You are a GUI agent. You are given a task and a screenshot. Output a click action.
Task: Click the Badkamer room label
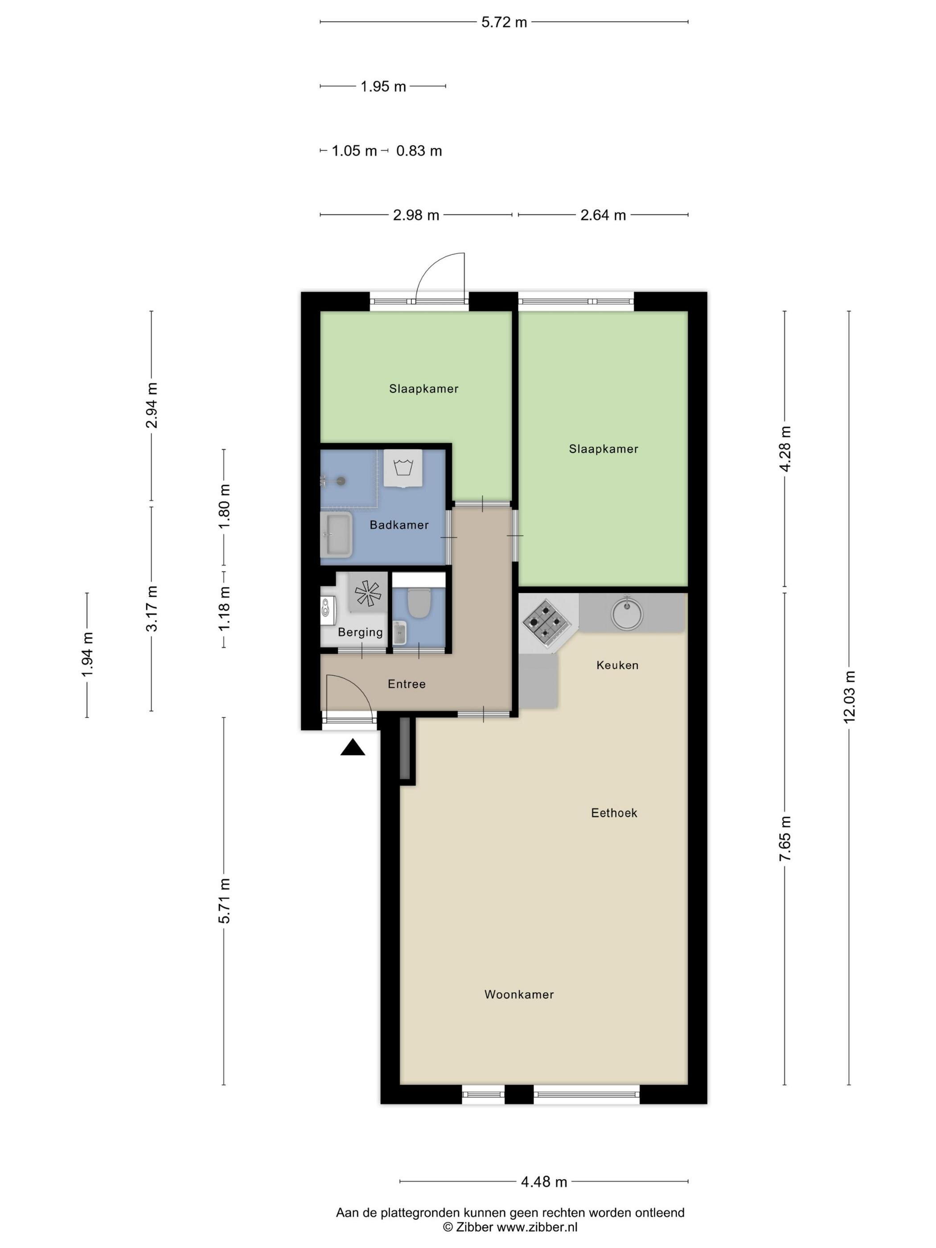pyautogui.click(x=399, y=525)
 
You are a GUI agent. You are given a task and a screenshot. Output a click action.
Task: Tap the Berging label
pyautogui.click(x=360, y=632)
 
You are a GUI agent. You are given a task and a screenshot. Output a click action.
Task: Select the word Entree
pyautogui.click(x=406, y=684)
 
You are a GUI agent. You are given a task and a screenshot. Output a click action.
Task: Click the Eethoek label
pyautogui.click(x=614, y=813)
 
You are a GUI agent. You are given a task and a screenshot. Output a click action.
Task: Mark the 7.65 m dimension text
pyautogui.click(x=785, y=839)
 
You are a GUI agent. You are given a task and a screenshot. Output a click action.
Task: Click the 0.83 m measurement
pyautogui.click(x=419, y=151)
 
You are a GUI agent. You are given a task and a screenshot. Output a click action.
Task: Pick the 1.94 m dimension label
pyautogui.click(x=87, y=655)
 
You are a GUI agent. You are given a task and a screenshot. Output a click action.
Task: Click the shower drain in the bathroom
pyautogui.click(x=341, y=480)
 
